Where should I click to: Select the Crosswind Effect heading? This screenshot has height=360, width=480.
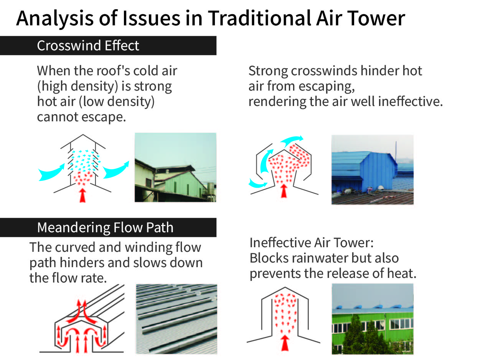[88, 46]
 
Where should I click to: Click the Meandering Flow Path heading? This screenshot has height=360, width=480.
[105, 228]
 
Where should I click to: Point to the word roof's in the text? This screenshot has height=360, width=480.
[113, 71]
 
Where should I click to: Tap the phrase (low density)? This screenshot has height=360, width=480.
[117, 102]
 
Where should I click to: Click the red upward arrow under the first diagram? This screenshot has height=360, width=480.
[82, 195]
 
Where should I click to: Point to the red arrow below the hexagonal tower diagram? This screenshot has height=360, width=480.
[284, 191]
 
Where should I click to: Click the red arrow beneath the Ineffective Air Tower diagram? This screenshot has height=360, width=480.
[285, 343]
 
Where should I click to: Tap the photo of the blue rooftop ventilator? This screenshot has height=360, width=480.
[373, 170]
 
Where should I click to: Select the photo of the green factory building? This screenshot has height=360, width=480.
[373, 319]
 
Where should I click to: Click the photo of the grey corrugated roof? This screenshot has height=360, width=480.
[176, 319]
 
